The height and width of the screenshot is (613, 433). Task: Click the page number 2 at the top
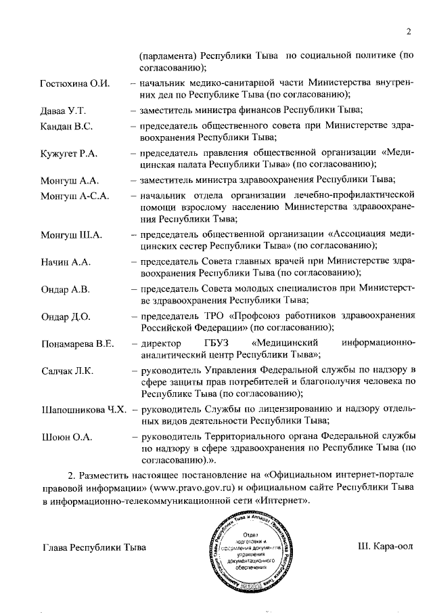(409, 31)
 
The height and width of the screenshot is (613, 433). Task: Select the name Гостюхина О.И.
(75, 83)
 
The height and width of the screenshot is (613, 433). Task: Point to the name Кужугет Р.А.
(70, 154)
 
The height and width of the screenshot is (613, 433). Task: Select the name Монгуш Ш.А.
(71, 235)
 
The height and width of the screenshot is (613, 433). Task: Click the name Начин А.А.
(66, 261)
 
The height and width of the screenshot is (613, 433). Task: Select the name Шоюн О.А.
(66, 437)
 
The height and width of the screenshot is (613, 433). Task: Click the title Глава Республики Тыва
(93, 547)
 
